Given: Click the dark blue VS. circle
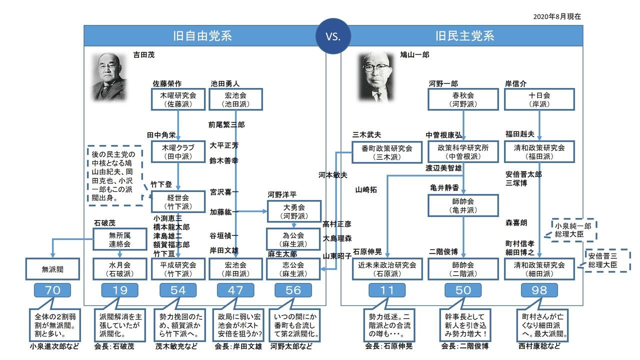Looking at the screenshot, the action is click(x=333, y=36).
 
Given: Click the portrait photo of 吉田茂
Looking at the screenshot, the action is click(x=109, y=77).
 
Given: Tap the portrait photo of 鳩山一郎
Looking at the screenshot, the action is click(x=376, y=77).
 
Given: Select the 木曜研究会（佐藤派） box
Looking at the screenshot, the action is click(x=178, y=99).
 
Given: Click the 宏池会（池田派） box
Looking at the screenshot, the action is click(x=235, y=99).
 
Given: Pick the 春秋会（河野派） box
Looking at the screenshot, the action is click(x=463, y=99).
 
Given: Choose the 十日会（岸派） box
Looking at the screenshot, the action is click(x=539, y=99).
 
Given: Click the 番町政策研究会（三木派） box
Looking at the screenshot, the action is click(x=387, y=152).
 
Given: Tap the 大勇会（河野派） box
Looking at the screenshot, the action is click(x=294, y=211).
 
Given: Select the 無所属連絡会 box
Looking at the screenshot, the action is click(x=119, y=239).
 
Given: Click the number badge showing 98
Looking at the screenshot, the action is click(x=539, y=290).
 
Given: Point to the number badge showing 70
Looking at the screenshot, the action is click(x=52, y=290).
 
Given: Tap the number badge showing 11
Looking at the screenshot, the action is click(x=387, y=290).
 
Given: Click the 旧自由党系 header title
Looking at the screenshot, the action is click(x=202, y=36).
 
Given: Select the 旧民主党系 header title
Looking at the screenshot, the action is click(x=464, y=36).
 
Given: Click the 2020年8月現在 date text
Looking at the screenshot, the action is click(x=557, y=16).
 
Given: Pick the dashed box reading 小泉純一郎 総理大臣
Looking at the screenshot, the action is click(x=573, y=230).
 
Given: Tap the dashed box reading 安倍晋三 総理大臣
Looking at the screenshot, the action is click(x=607, y=260).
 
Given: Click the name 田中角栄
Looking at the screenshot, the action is click(x=161, y=135).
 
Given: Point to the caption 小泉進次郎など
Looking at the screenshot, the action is click(x=54, y=346).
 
